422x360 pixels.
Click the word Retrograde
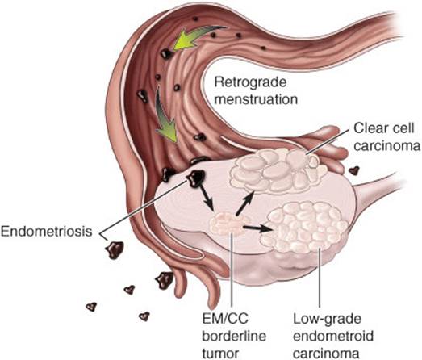coord(250,82)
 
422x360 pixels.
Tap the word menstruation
coord(257,99)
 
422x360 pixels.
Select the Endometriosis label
coord(47,232)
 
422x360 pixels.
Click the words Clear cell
coord(383,128)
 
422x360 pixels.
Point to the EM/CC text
coord(226,319)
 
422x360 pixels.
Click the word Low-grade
coord(327,320)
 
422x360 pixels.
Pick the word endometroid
coord(333,336)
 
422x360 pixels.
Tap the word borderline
coord(234,336)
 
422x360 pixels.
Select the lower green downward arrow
coord(165,115)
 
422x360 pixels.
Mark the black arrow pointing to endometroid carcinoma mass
coord(258,228)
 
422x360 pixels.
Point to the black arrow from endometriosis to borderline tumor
coord(207,198)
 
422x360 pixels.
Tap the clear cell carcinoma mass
coord(278,170)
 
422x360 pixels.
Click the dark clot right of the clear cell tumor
coord(354,170)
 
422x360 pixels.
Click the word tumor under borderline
coord(220,353)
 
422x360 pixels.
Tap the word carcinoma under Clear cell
coord(387,146)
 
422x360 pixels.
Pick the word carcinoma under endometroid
coord(327,353)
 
